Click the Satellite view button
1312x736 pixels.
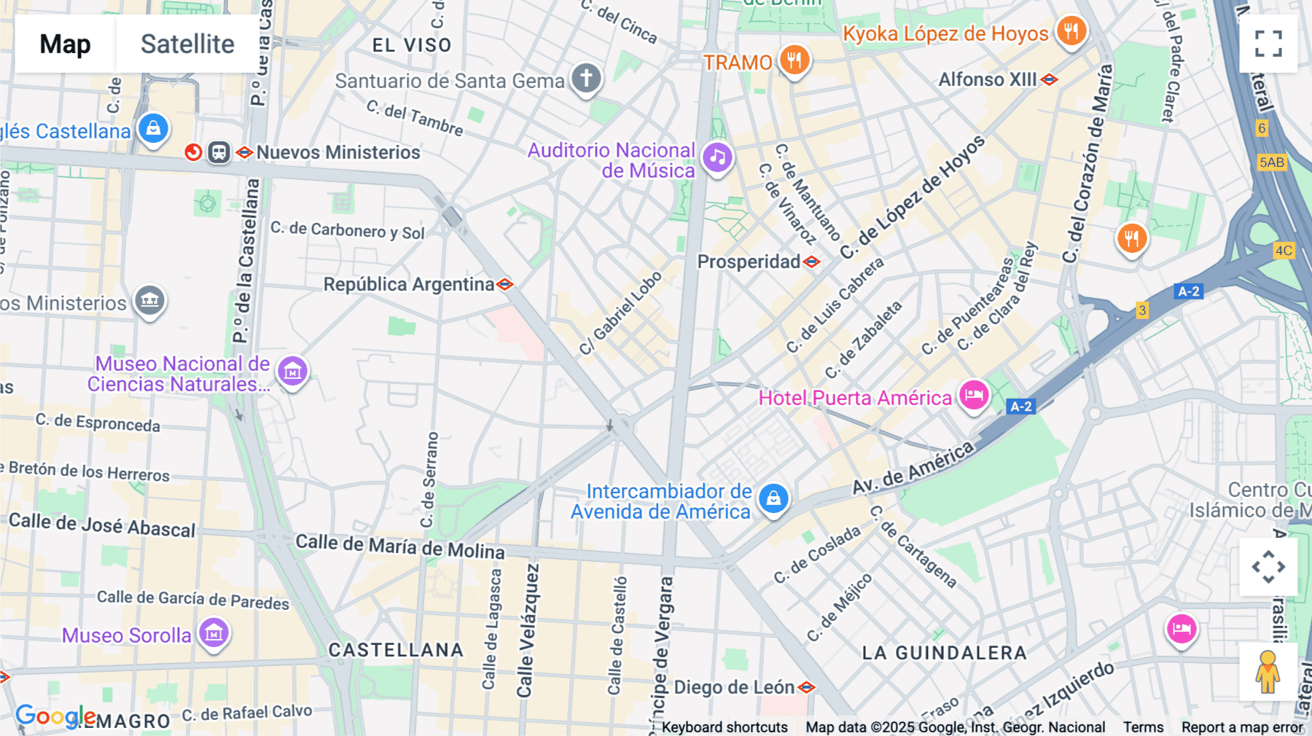pyautogui.click(x=187, y=44)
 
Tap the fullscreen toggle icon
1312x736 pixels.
pyautogui.click(x=1268, y=44)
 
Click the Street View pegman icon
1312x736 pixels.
pyautogui.click(x=1268, y=672)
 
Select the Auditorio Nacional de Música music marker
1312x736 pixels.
pyautogui.click(x=717, y=157)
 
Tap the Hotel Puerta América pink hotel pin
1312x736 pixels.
pyautogui.click(x=973, y=396)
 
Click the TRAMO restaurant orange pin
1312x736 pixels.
pyautogui.click(x=794, y=60)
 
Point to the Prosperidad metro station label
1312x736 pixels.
pyautogui.click(x=749, y=262)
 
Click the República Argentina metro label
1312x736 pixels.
pyautogui.click(x=408, y=284)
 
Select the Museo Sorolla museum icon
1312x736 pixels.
pyautogui.click(x=214, y=633)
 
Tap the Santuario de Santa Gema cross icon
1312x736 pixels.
pyautogui.click(x=586, y=77)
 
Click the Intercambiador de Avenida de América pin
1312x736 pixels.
pyautogui.click(x=773, y=498)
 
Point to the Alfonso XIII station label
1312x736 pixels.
pyautogui.click(x=987, y=79)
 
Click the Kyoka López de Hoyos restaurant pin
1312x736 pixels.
pyautogui.click(x=1071, y=31)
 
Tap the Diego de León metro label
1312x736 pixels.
pyautogui.click(x=734, y=687)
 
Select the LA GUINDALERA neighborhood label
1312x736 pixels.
pyautogui.click(x=944, y=653)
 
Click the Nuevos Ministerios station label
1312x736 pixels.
pyautogui.click(x=337, y=152)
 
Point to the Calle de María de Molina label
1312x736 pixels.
pyautogui.click(x=399, y=546)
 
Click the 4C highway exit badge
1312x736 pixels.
pyautogui.click(x=1283, y=251)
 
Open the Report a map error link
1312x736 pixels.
pyautogui.click(x=1242, y=727)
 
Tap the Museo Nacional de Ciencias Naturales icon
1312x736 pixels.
pyautogui.click(x=292, y=372)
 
